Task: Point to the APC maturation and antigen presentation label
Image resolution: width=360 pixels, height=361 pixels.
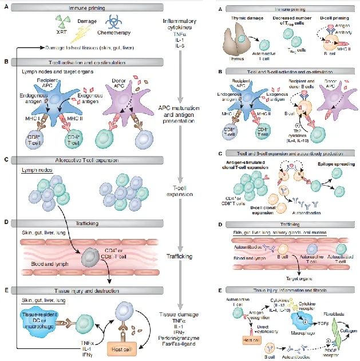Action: click(x=181, y=113)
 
